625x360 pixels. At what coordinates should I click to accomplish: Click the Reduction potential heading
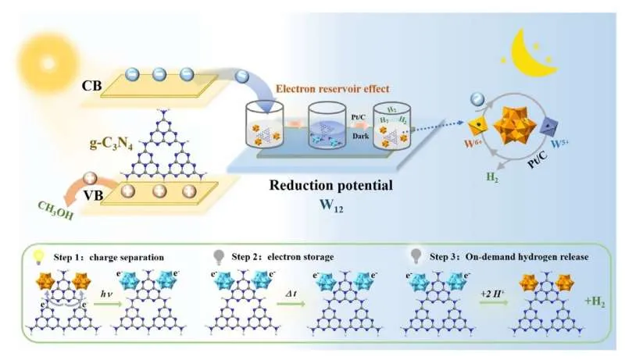click(x=320, y=185)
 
